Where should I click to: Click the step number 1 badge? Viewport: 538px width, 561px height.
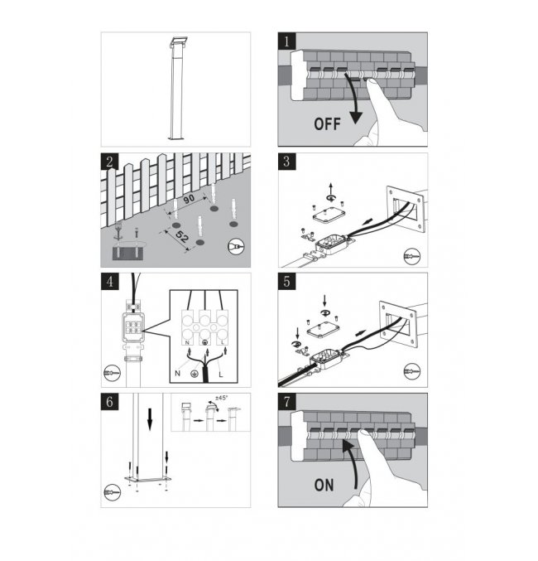click(x=286, y=41)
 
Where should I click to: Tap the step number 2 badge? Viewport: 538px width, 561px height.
click(x=109, y=162)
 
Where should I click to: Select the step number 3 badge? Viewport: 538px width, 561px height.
click(x=286, y=162)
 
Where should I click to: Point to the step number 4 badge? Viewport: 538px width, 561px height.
click(x=109, y=282)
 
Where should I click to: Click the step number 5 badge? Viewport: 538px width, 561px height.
click(x=286, y=282)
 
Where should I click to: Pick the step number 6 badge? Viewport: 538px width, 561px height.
click(x=109, y=402)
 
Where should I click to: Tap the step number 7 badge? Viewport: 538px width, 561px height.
click(x=286, y=402)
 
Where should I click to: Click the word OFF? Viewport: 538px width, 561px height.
click(x=327, y=123)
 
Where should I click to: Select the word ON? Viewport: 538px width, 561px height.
click(x=324, y=485)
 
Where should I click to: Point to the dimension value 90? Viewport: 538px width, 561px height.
click(x=189, y=199)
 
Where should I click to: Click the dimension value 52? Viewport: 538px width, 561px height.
click(x=182, y=236)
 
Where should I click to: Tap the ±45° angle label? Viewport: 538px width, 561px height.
click(x=221, y=398)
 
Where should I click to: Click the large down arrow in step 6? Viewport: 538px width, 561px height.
click(x=150, y=419)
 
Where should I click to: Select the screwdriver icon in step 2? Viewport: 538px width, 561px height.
click(x=236, y=246)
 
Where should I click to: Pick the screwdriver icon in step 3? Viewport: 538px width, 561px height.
click(x=412, y=257)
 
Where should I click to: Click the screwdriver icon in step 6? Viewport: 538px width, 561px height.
click(x=113, y=492)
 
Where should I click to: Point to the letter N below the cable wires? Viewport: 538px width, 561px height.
click(x=177, y=374)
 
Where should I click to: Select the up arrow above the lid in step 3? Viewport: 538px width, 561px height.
click(x=331, y=189)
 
